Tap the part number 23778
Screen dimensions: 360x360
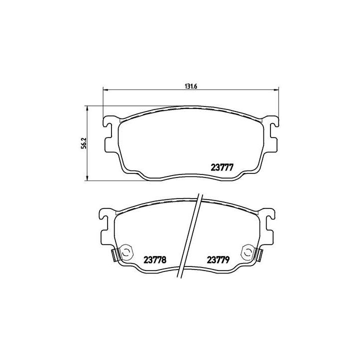[155, 259]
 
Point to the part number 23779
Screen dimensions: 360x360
[218, 259]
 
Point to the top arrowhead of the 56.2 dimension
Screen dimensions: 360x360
[88, 108]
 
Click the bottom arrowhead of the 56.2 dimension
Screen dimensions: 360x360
[88, 179]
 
